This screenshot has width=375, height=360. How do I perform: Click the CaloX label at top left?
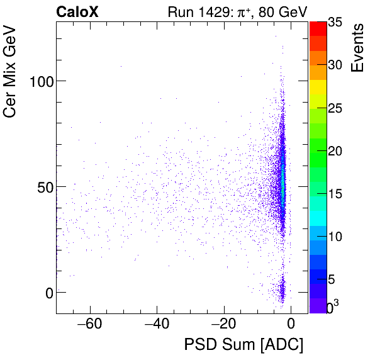76,11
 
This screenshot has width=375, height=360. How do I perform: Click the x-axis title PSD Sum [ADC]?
243,346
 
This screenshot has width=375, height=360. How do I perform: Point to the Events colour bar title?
357,48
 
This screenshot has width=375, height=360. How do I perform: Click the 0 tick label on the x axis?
291,325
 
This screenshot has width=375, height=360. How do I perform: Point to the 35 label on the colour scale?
335,22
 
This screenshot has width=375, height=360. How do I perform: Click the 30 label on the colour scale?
335,65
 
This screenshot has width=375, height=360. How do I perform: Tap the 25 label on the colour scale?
335,108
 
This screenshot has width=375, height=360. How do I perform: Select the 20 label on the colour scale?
335,150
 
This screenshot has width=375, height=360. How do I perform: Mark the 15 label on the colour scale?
335,193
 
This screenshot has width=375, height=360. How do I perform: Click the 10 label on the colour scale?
335,236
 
